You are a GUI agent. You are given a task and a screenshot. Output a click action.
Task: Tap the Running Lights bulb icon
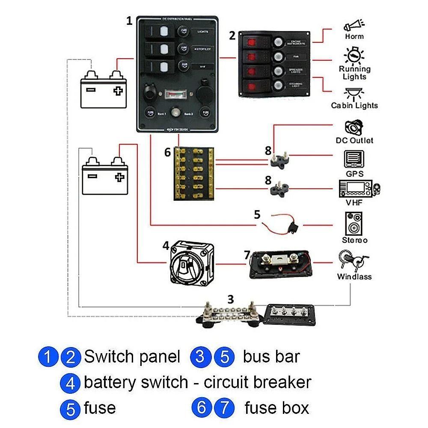pyautogui.click(x=354, y=55)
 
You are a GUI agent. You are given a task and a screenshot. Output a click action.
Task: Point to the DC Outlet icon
pyautogui.click(x=354, y=128)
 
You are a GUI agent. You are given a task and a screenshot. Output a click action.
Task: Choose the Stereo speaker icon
pyautogui.click(x=354, y=223)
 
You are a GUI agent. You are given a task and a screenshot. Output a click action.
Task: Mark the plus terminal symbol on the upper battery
pyautogui.click(x=118, y=90)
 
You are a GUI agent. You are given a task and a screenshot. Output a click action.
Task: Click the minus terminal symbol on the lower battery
pyautogui.click(x=92, y=175)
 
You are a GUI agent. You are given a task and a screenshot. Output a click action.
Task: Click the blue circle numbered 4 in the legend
pyautogui.click(x=71, y=383)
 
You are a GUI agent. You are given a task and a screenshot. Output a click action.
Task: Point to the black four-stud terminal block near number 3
pyautogui.click(x=291, y=316)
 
